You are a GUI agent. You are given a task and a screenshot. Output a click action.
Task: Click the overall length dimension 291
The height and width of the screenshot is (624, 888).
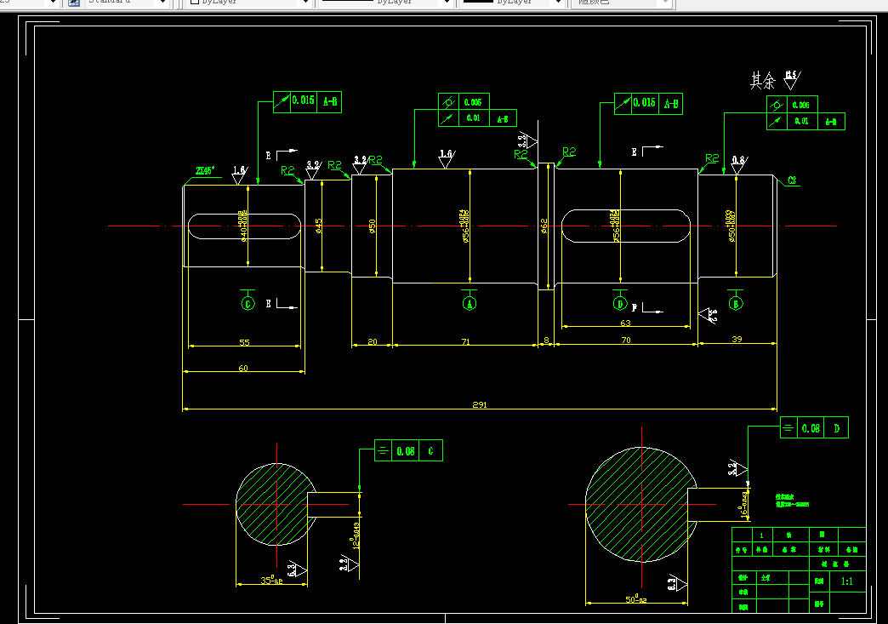click(479, 405)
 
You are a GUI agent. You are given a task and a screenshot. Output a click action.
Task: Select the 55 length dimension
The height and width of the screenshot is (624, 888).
click(244, 342)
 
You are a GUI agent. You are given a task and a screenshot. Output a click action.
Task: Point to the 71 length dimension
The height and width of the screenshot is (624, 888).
click(465, 341)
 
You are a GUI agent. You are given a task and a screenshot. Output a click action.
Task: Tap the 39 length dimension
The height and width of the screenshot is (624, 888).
click(737, 340)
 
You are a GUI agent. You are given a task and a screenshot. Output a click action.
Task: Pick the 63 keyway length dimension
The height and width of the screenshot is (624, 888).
click(625, 323)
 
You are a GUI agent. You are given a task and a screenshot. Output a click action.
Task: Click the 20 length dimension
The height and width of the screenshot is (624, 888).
click(372, 341)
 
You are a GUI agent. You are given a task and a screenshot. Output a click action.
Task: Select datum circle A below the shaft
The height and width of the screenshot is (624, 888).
click(469, 303)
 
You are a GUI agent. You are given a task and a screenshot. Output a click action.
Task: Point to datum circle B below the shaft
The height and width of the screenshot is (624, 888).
click(736, 303)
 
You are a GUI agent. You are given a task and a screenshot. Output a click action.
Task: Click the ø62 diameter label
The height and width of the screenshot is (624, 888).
click(544, 226)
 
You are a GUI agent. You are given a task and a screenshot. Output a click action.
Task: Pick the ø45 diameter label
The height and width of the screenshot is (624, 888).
click(319, 226)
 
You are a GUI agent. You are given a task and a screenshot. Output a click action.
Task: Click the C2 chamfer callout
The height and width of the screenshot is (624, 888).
click(792, 180)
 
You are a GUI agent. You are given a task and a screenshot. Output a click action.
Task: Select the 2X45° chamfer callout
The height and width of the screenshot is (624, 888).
click(205, 170)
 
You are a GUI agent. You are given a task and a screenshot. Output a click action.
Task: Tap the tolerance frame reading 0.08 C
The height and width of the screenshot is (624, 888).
click(408, 451)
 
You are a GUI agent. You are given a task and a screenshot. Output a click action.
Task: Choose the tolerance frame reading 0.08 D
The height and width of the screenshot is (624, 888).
click(814, 428)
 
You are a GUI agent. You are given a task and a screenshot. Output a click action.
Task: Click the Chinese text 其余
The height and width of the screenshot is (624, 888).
click(762, 81)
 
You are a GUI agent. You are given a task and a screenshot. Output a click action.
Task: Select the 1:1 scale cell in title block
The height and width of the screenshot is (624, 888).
click(847, 581)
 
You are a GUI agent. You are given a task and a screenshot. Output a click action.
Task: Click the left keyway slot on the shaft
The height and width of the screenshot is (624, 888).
click(244, 226)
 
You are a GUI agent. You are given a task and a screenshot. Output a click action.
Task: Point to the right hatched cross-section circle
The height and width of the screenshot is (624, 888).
click(638, 504)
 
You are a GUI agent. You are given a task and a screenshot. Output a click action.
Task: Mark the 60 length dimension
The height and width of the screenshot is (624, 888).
click(243, 369)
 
